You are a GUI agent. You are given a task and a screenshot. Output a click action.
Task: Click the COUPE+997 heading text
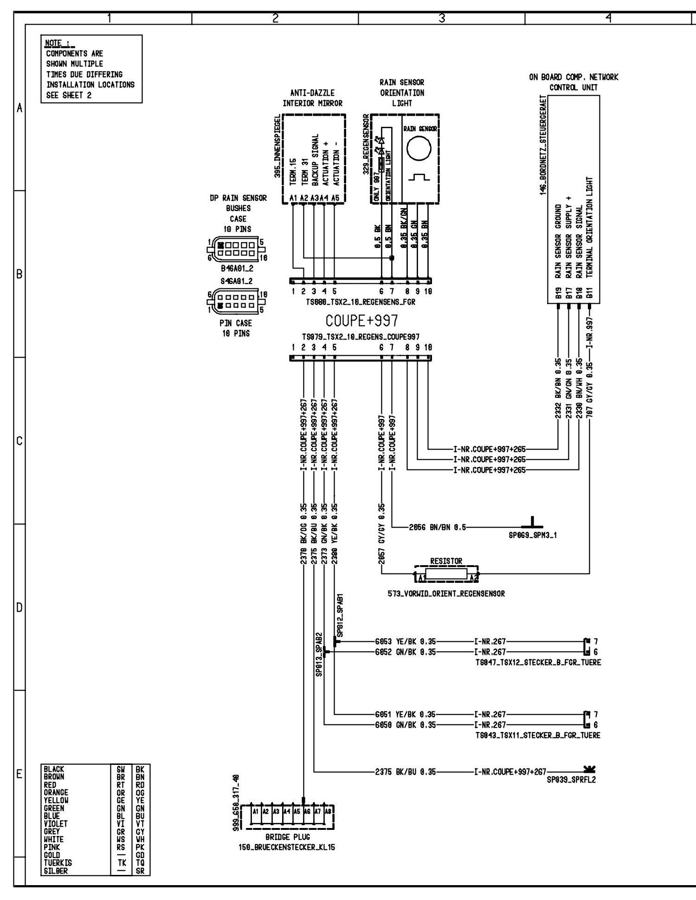pyautogui.click(x=361, y=321)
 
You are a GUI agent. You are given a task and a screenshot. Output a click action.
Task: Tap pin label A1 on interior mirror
pyautogui.click(x=293, y=198)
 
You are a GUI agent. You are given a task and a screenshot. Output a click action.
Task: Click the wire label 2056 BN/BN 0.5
pyautogui.click(x=438, y=527)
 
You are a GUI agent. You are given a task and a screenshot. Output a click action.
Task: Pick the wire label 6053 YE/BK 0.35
pyautogui.click(x=406, y=642)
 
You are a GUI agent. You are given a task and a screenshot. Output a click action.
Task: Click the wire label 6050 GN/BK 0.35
pyautogui.click(x=406, y=724)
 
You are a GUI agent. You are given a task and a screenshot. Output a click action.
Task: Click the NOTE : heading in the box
pyautogui.click(x=59, y=44)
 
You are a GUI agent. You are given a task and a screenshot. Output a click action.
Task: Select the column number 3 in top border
pyautogui.click(x=442, y=18)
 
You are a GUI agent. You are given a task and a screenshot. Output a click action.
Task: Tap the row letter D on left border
pyautogui.click(x=19, y=607)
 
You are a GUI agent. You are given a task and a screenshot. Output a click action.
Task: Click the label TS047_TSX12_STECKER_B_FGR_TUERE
pyautogui.click(x=538, y=663)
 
